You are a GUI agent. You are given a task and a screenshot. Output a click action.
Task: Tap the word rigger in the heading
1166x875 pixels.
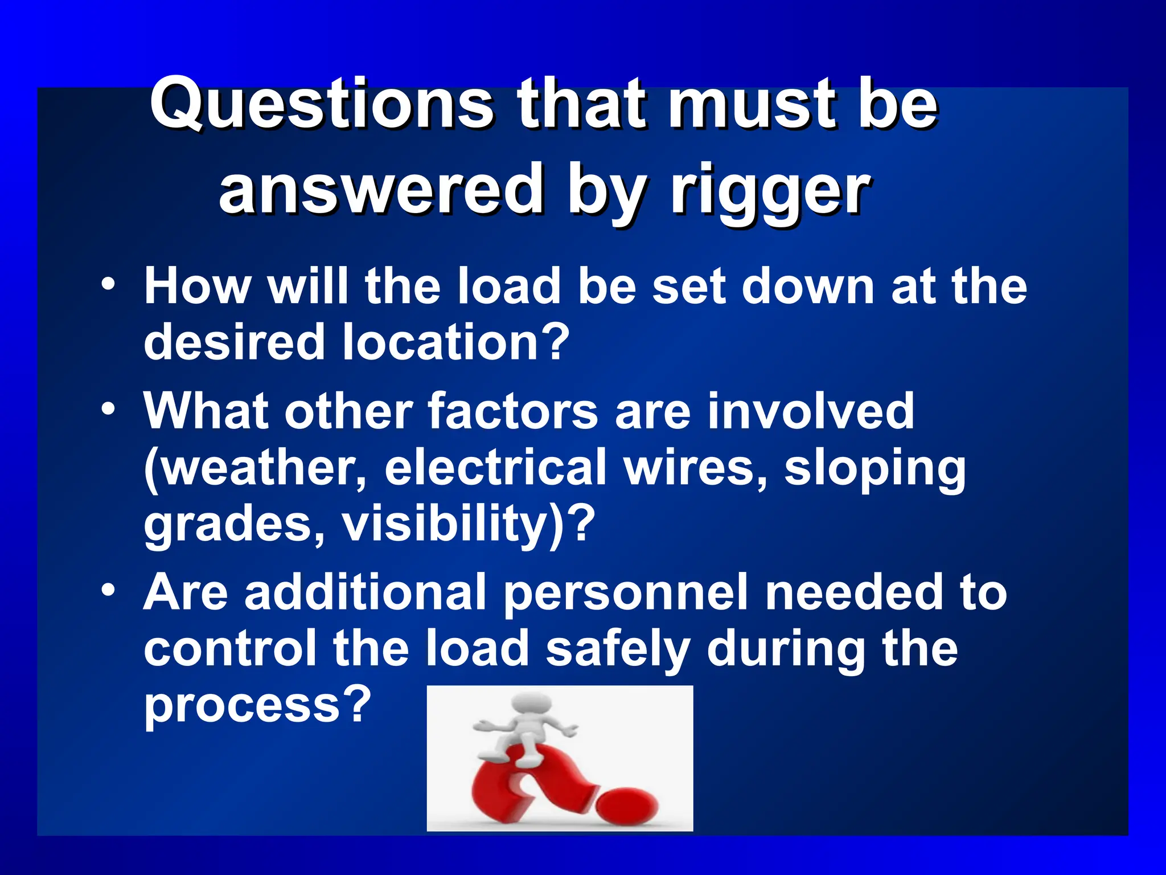[x=770, y=191]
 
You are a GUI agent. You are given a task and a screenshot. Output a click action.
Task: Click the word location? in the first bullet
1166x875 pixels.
[x=455, y=342]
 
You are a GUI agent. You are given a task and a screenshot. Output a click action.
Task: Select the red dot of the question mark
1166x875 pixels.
[x=626, y=804]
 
